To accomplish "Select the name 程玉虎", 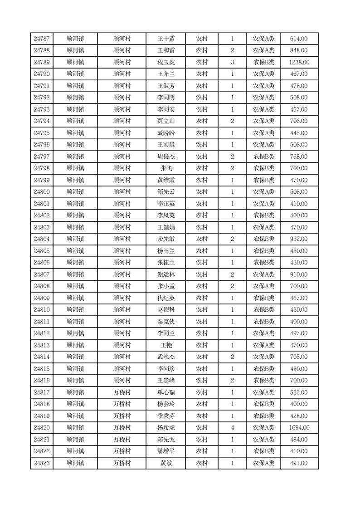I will coord(165,62).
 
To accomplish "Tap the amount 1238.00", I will coord(299,62).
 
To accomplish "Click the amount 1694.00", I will coord(299,428).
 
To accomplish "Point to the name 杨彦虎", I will coord(165,428).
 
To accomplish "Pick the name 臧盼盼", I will coord(165,133).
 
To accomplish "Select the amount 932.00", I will coord(299,239).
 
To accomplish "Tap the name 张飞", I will coord(165,168).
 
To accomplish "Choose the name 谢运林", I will coord(165,274).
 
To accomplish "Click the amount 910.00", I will coord(299,274).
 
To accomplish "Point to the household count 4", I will coord(232,428).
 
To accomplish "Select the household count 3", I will coord(232,62).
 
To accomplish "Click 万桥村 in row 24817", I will coord(122,392).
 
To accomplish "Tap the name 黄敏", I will coord(165,463).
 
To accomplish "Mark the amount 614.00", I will coord(299,39).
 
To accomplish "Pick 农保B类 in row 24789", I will coord(263,62).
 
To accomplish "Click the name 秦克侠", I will coord(165,322).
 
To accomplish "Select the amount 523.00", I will coord(299,392).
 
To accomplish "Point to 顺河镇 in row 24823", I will coord(75,463).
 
